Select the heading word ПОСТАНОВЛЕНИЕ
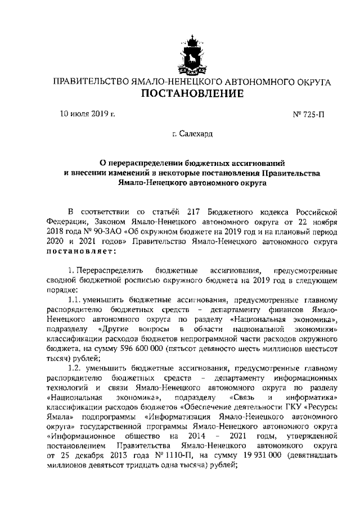(x=192, y=93)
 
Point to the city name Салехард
(x=196, y=135)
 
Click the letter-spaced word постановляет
(x=81, y=251)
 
